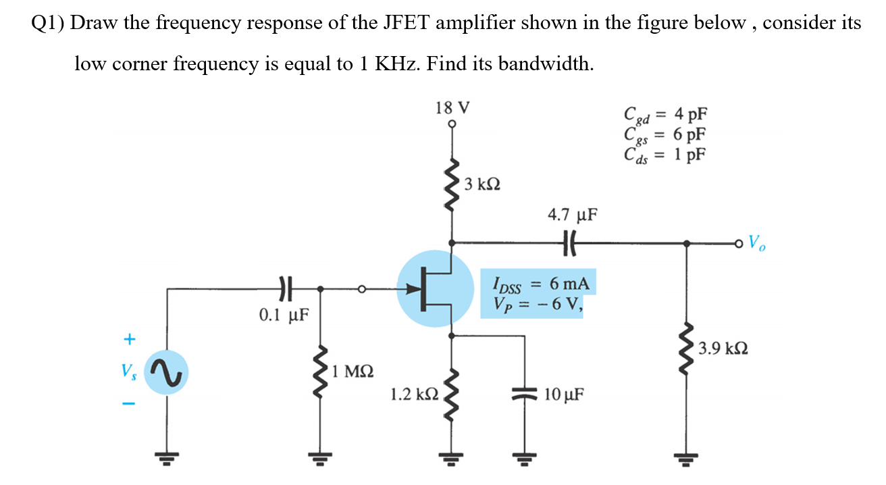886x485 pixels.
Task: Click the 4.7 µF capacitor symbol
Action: [x=571, y=242]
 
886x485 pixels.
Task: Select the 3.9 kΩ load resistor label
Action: [x=723, y=349]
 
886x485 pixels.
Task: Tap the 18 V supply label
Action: [x=452, y=107]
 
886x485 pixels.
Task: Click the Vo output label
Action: [x=757, y=242]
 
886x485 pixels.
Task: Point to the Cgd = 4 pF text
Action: [x=666, y=114]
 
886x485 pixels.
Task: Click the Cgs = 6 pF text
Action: [x=666, y=134]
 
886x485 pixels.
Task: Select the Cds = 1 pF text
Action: [x=666, y=154]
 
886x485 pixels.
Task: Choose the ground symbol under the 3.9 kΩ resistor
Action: [x=687, y=459]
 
